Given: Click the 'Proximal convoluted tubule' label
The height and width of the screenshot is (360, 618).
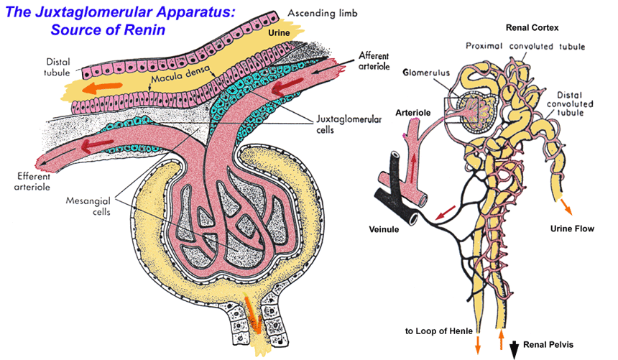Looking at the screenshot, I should coord(525,47).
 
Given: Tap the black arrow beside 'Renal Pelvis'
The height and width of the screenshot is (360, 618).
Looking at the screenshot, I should coord(515,348).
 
